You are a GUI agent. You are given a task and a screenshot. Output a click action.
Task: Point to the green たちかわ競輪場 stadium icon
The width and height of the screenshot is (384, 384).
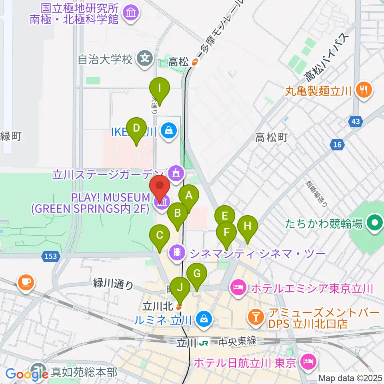click(375, 223)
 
